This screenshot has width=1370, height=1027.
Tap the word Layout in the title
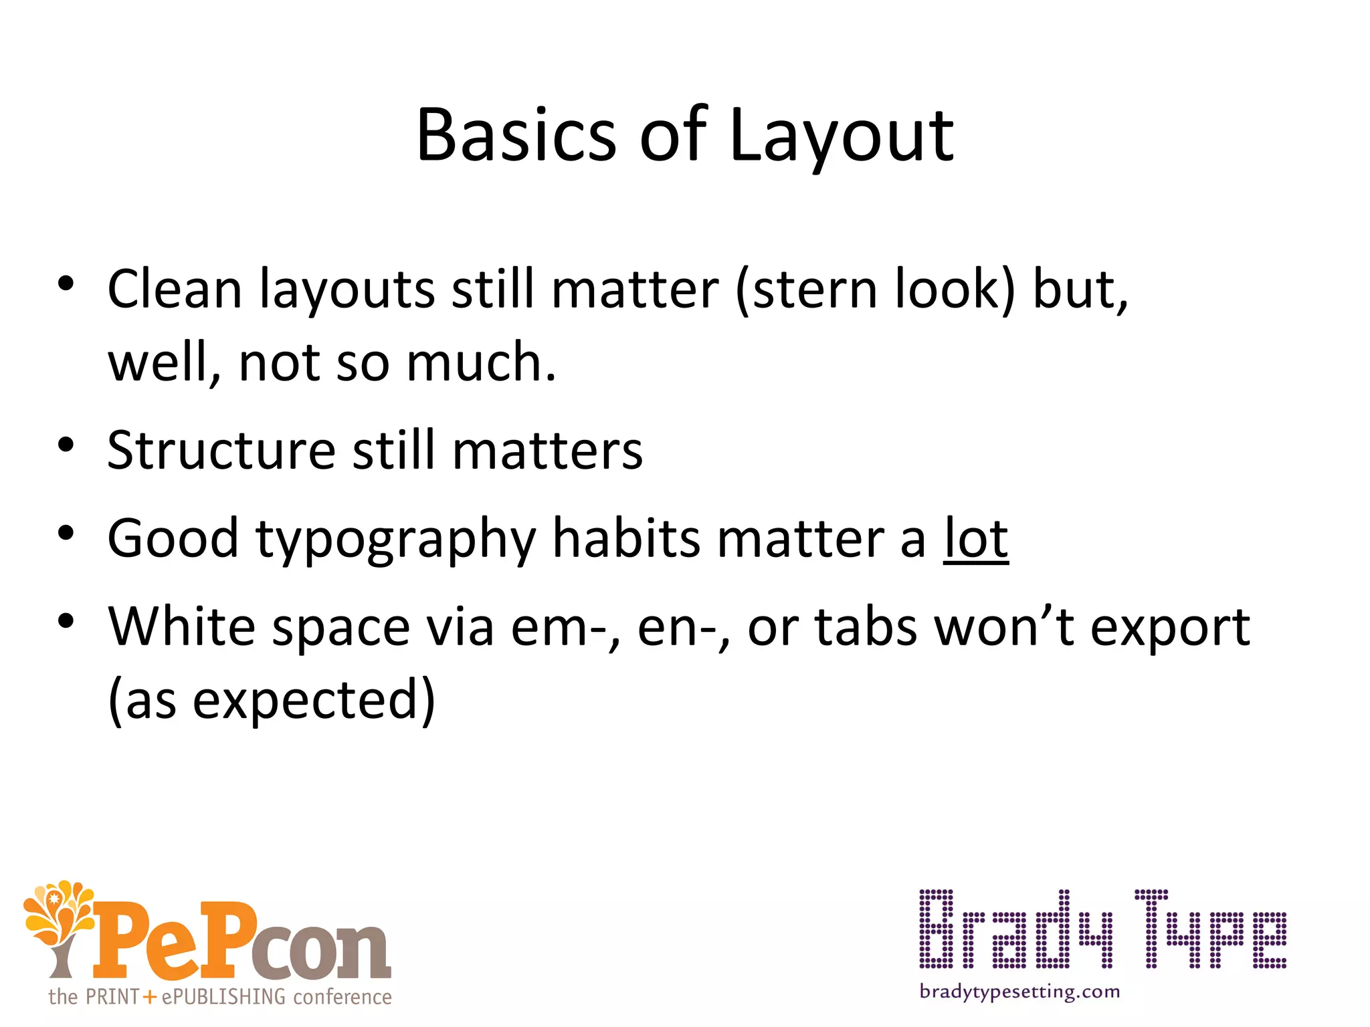pos(842,137)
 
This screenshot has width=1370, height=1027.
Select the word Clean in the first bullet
pos(175,290)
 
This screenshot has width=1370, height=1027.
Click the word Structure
pos(221,450)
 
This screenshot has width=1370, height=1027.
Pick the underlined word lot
pos(975,538)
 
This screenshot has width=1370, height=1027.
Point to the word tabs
pos(866,626)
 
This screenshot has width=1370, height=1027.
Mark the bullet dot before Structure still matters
pos(66,445)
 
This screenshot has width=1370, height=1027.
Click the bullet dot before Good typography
pos(66,533)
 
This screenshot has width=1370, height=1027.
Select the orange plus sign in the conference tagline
pos(150,997)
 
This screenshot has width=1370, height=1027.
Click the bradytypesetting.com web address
pos(1019,992)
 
